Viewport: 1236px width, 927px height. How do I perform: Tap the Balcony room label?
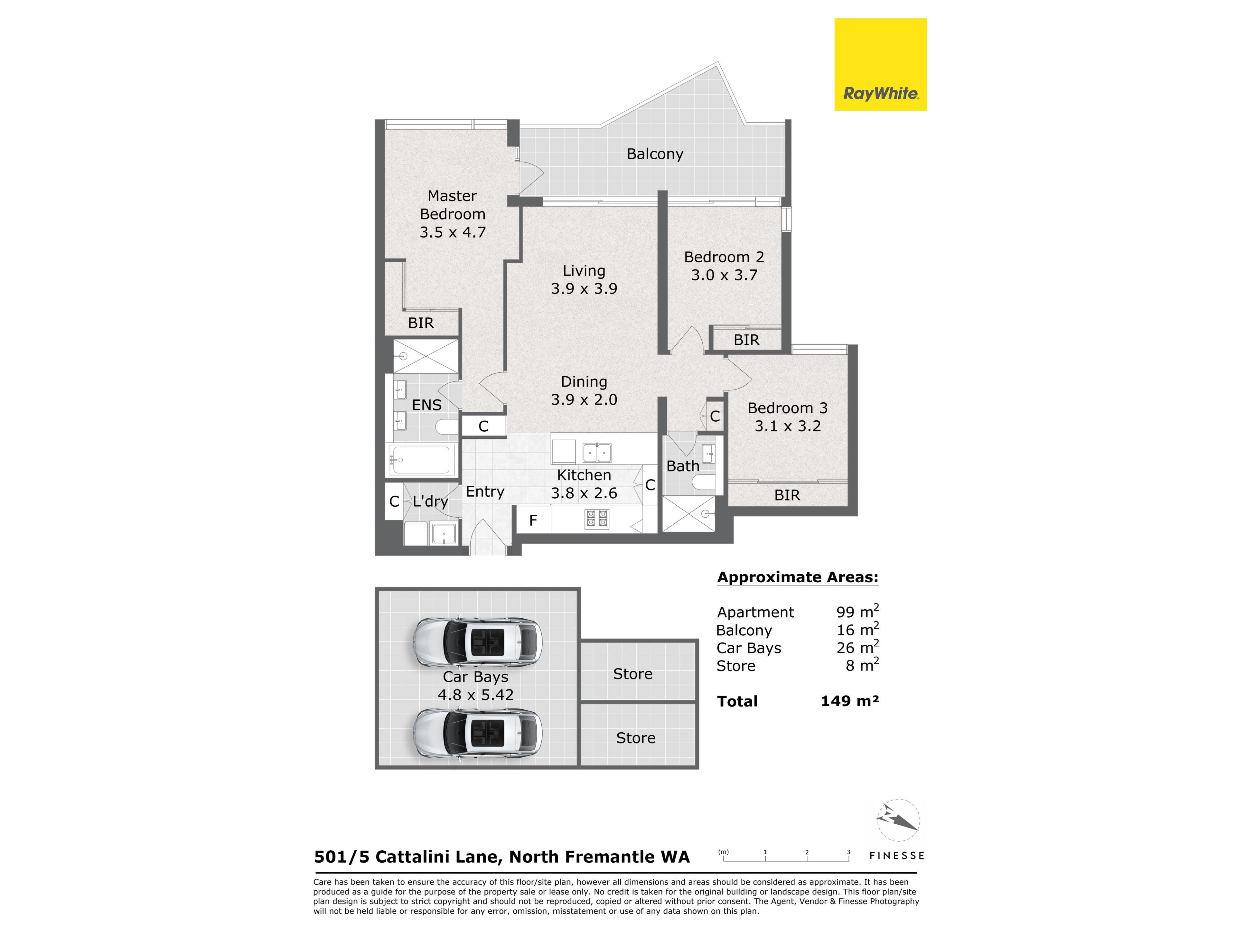point(655,154)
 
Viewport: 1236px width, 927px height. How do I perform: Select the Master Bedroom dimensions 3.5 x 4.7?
point(453,232)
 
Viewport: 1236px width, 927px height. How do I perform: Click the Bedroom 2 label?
point(724,257)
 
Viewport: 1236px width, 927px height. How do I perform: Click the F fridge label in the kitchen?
point(533,521)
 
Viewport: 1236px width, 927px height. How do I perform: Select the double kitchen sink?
point(597,453)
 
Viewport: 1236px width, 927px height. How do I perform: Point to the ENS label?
point(426,405)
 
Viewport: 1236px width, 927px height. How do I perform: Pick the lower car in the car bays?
point(477,733)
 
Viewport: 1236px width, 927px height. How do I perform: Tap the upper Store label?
point(632,674)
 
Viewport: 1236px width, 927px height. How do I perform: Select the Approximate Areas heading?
point(797,577)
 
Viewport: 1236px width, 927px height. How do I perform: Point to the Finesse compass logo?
point(897,820)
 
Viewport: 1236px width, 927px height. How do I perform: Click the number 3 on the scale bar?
point(848,852)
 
